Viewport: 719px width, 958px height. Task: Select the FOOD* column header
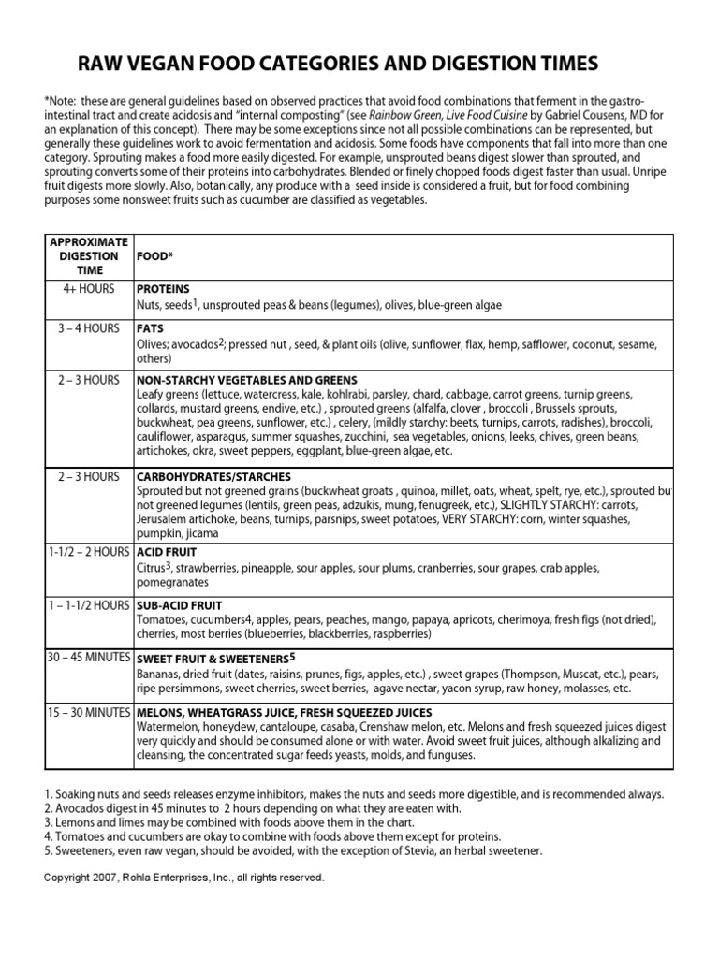(155, 255)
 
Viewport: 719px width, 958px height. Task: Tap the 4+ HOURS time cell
(90, 289)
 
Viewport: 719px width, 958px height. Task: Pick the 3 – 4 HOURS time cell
(90, 328)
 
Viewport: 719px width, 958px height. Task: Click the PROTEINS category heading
(163, 289)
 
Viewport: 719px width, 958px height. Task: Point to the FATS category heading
(151, 329)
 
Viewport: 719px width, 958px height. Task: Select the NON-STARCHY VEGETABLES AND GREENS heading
(246, 381)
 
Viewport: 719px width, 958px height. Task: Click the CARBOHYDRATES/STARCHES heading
(213, 477)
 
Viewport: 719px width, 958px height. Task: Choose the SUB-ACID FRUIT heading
(179, 606)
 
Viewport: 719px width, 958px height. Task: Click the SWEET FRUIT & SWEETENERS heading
(213, 659)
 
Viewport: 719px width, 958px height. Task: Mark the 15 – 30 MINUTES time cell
(90, 712)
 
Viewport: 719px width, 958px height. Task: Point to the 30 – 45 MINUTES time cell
(90, 658)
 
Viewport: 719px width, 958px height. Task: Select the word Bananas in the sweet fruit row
(159, 674)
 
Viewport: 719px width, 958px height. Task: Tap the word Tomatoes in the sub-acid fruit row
(163, 619)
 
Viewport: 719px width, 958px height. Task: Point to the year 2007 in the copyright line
(105, 878)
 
